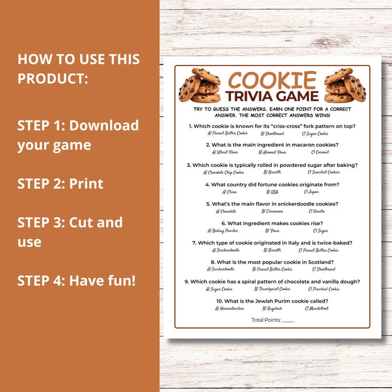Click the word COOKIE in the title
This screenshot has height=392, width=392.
[272, 79]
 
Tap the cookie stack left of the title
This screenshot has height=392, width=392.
[199, 85]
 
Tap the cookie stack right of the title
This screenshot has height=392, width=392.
[345, 85]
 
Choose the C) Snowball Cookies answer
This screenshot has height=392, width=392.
[323, 172]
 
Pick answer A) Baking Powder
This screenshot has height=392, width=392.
[223, 231]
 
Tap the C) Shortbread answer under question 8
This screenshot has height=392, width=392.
[324, 269]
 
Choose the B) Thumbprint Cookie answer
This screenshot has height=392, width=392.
[272, 289]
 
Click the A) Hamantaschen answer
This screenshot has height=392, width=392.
[230, 308]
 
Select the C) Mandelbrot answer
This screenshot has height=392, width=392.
[316, 308]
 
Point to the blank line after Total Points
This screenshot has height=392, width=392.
[288, 321]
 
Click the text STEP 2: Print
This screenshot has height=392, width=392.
[60, 184]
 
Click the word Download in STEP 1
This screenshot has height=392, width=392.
[104, 125]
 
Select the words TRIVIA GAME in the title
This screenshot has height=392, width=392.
[272, 96]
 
